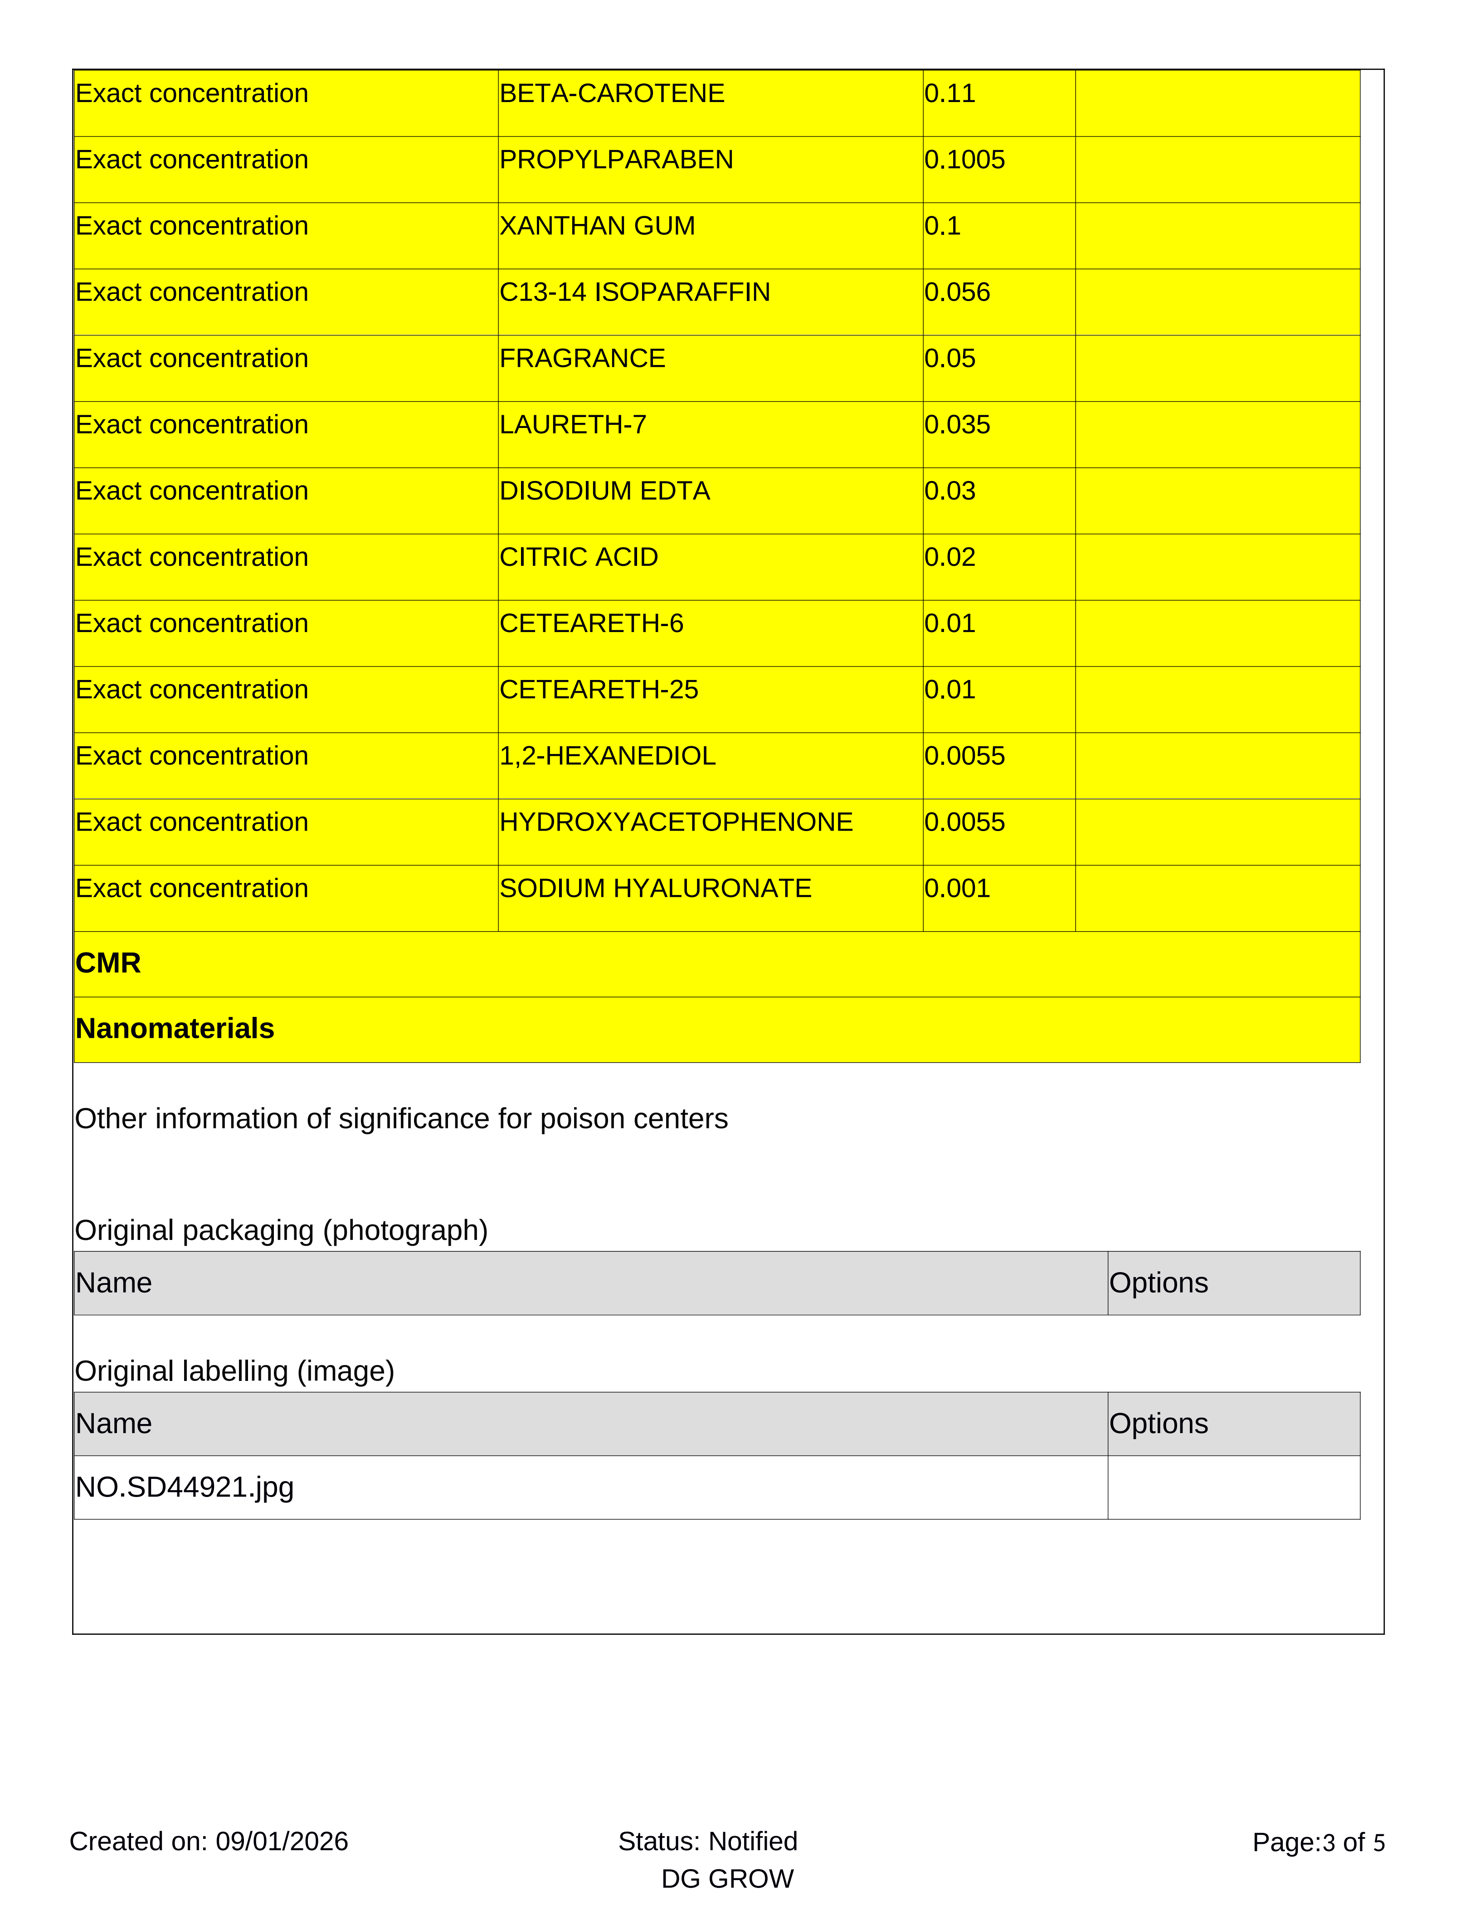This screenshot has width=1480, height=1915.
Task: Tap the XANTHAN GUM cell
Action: point(597,226)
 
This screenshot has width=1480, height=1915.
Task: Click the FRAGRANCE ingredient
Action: point(582,359)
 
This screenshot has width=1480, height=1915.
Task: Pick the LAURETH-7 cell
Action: point(573,424)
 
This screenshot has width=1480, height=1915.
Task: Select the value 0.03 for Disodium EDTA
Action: point(949,491)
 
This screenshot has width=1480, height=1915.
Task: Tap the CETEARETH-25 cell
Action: point(599,690)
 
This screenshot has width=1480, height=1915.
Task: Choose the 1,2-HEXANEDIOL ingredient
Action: point(608,756)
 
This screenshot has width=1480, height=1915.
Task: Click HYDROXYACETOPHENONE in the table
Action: point(676,822)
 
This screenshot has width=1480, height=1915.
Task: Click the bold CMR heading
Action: point(108,963)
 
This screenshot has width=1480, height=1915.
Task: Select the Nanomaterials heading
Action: point(175,1029)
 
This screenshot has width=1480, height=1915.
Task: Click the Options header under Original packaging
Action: point(1158,1283)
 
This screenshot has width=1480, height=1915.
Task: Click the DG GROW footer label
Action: point(727,1879)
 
